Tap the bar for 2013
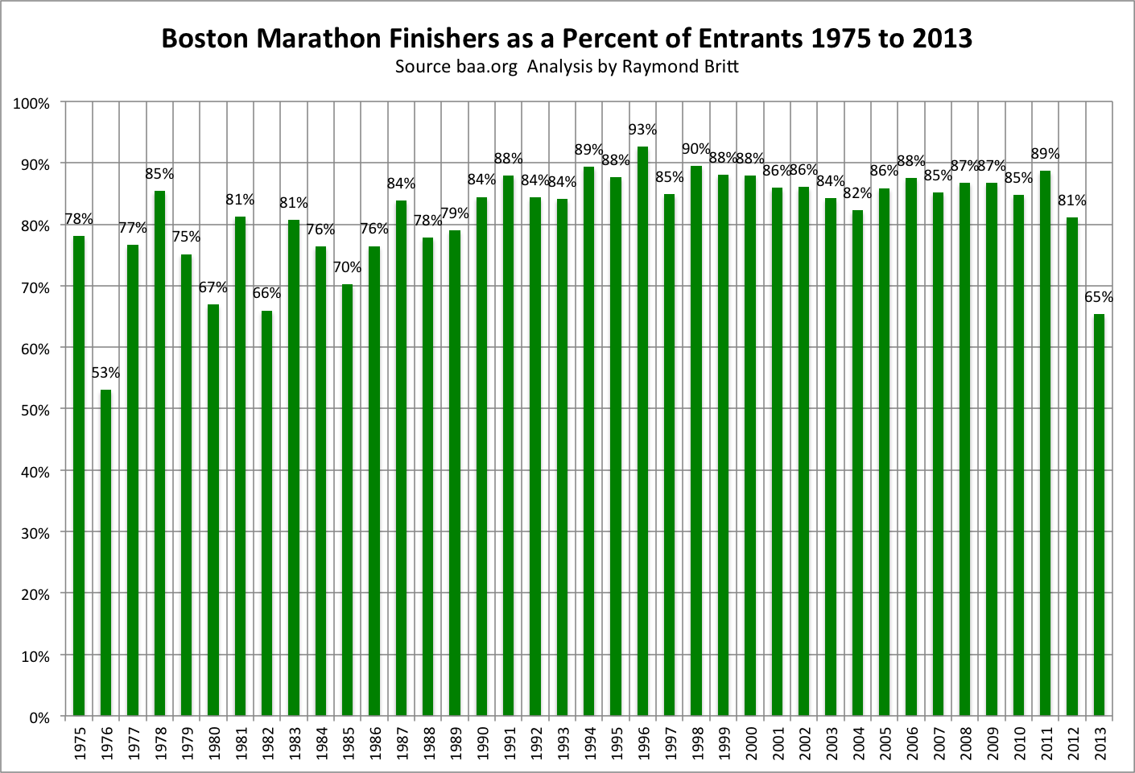click(1099, 515)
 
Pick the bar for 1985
click(347, 499)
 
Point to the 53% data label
click(105, 373)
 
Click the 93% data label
click(642, 130)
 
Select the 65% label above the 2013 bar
click(1099, 297)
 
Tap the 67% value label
click(213, 287)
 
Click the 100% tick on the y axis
click(32, 104)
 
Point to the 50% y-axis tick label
click(35, 410)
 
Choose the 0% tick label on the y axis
click(39, 717)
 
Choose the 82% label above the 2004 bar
click(857, 193)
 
